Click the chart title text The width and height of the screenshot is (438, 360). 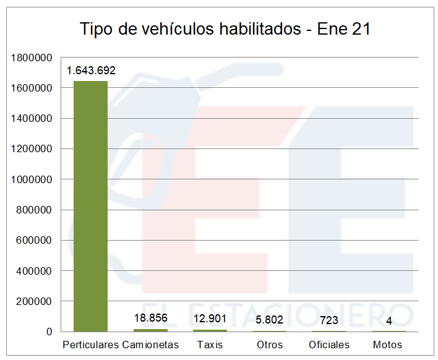225,29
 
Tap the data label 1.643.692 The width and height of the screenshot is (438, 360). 91,71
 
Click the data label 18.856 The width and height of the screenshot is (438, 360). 151,319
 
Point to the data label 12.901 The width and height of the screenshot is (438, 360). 210,319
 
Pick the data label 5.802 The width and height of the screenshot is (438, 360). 269,320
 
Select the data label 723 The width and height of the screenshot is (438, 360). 329,320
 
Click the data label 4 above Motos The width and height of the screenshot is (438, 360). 389,320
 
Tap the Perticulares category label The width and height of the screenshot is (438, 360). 90,345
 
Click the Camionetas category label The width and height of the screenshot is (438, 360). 150,345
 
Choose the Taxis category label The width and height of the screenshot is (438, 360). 210,345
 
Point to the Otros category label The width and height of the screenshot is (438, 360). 269,345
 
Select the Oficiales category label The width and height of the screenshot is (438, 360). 329,345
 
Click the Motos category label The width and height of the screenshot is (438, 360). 388,345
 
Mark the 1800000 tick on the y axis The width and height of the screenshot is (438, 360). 31,58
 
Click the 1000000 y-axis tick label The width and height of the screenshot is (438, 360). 31,179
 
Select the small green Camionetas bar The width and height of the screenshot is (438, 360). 150,330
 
